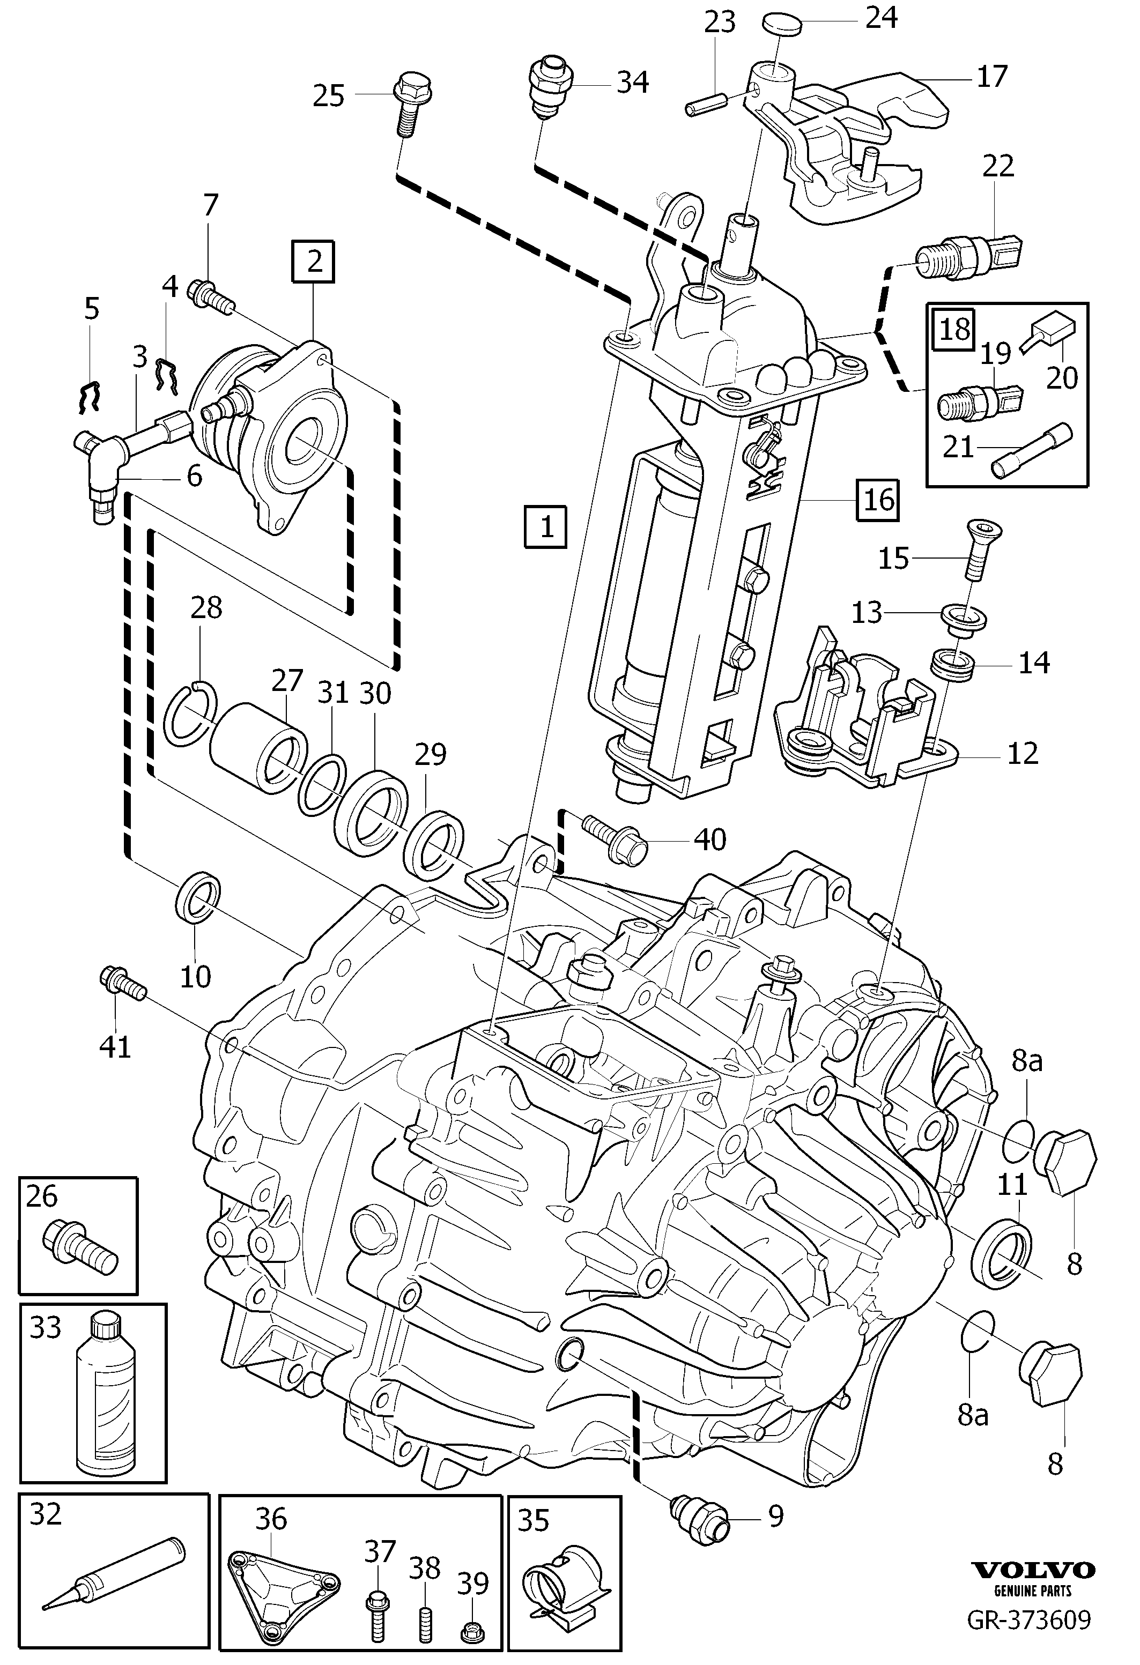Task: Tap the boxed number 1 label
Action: point(546,527)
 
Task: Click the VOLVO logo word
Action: point(1033,1591)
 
